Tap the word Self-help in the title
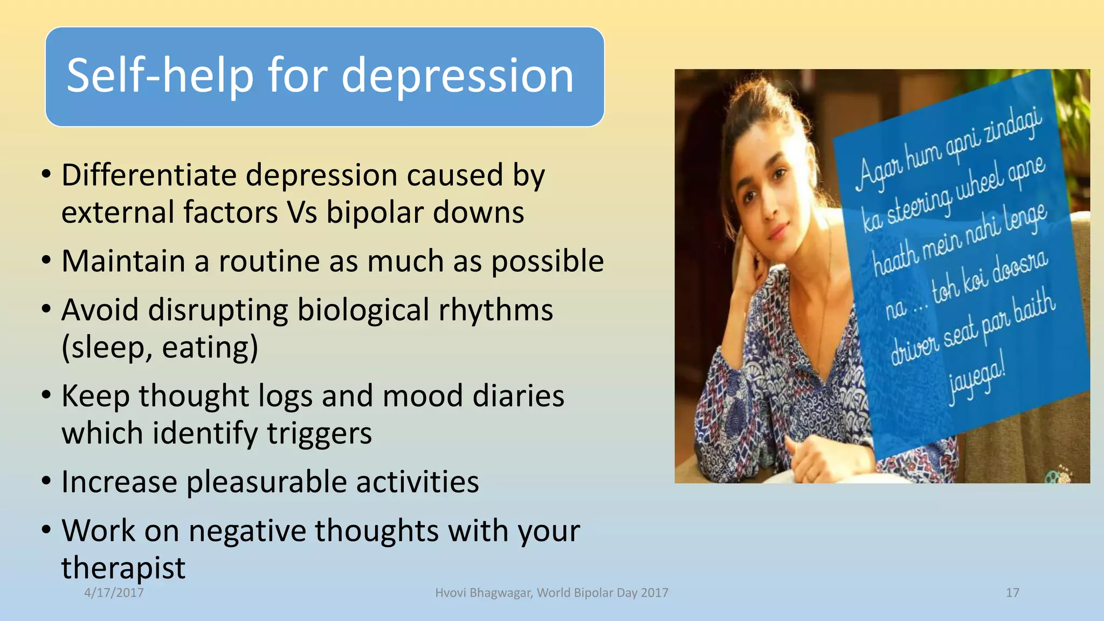[x=160, y=76]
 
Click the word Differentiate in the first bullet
[x=149, y=175]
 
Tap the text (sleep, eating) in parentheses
[x=160, y=348]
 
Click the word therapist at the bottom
[x=123, y=568]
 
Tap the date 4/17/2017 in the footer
[x=114, y=593]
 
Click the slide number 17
[x=1012, y=593]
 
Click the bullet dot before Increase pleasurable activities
[x=46, y=480]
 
